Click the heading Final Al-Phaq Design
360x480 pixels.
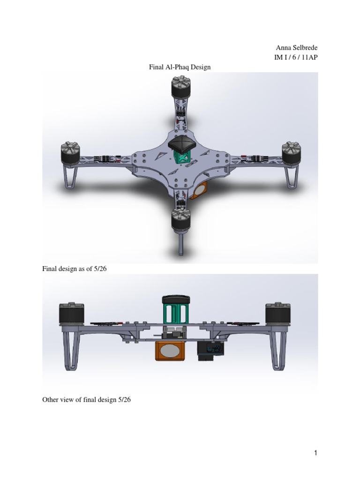(x=180, y=67)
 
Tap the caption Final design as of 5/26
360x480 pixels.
(x=75, y=269)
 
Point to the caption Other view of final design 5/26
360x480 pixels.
(x=83, y=400)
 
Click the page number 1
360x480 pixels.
(x=316, y=453)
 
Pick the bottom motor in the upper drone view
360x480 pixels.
(x=180, y=219)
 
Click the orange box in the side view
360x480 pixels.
(x=171, y=351)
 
